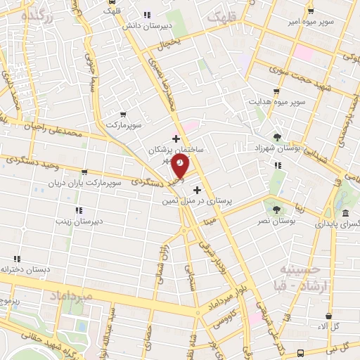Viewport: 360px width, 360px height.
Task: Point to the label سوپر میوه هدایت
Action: (x=276, y=102)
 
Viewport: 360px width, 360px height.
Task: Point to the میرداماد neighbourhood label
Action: (x=72, y=297)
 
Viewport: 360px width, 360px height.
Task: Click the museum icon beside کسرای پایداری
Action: (x=345, y=213)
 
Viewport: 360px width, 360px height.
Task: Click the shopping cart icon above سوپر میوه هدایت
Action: (x=276, y=91)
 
